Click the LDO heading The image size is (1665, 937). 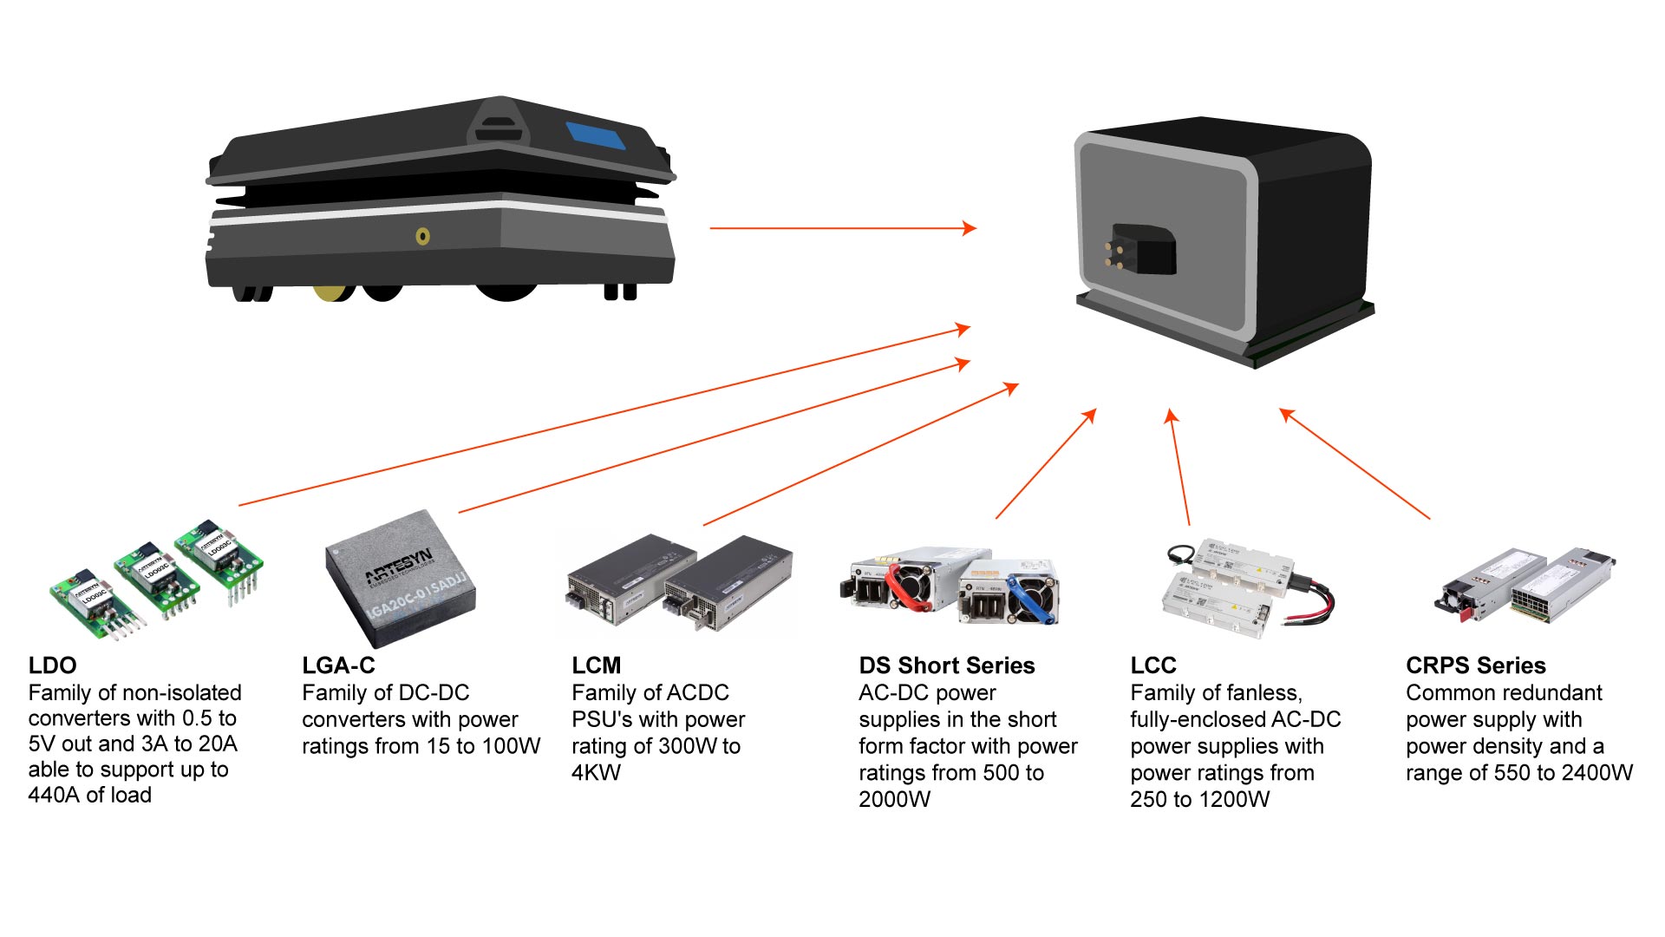click(52, 665)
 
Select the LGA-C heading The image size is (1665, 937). click(338, 665)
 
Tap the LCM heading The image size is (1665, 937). click(596, 665)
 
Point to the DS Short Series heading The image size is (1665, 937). click(946, 665)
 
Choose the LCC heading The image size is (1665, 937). click(1152, 665)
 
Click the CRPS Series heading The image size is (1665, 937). click(1475, 665)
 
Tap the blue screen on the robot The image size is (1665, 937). click(596, 136)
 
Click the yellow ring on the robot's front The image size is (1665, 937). click(422, 236)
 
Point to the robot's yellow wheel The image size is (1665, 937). click(332, 292)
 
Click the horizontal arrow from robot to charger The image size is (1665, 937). click(841, 228)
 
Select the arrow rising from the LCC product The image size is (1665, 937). click(1179, 468)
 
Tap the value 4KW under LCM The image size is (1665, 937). click(596, 772)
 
